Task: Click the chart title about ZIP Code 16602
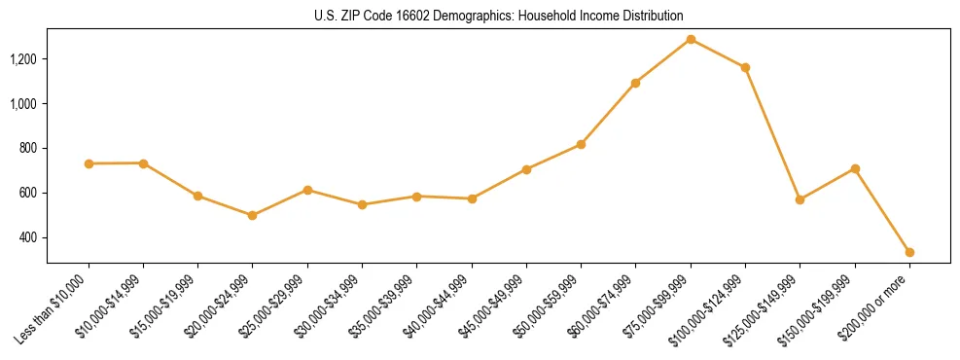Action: pyautogui.click(x=499, y=17)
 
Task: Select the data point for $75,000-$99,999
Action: pyautogui.click(x=691, y=39)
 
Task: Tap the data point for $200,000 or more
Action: pyautogui.click(x=909, y=252)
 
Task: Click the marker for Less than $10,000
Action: pyautogui.click(x=89, y=163)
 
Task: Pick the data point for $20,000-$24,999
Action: pyautogui.click(x=253, y=215)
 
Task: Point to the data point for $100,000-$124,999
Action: pyautogui.click(x=745, y=67)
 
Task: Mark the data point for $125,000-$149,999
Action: pyautogui.click(x=800, y=199)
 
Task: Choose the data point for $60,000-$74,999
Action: pyautogui.click(x=635, y=83)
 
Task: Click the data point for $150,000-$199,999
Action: pyautogui.click(x=855, y=168)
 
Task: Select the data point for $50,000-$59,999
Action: pyautogui.click(x=581, y=144)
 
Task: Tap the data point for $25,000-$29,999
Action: pyautogui.click(x=307, y=190)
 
